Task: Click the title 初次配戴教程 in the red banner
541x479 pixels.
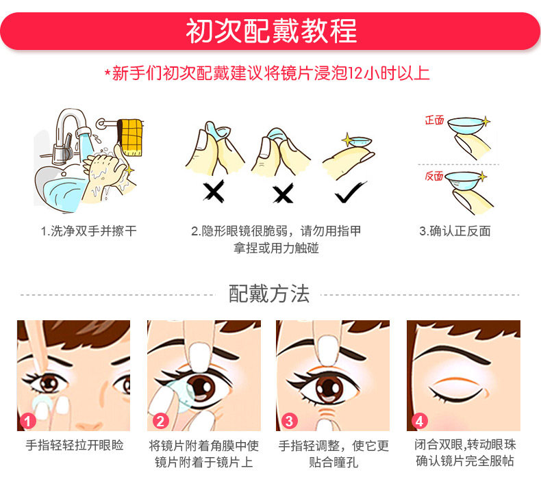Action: coord(271,31)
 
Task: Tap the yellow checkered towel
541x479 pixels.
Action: coord(130,137)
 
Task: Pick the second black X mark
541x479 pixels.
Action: coord(284,193)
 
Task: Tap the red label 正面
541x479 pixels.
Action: coord(434,120)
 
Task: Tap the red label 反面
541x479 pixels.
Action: coord(434,176)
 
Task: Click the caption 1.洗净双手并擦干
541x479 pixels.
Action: coord(88,231)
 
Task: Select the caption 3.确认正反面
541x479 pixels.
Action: coord(455,231)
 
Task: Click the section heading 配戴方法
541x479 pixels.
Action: coord(268,294)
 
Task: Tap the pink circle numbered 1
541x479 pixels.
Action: coord(28,421)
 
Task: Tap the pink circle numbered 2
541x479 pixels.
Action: coord(160,421)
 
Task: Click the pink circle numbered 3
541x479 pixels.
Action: coord(289,421)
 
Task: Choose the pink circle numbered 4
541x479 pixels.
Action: coord(420,421)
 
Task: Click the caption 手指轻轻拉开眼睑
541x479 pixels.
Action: coord(75,445)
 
